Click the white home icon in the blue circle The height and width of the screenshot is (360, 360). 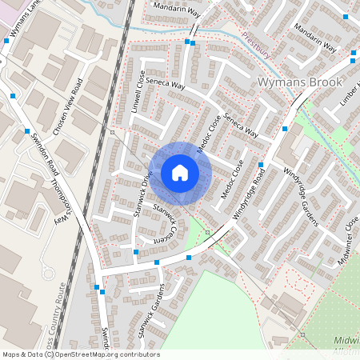(180, 173)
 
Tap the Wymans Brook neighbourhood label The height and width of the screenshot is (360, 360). (300, 82)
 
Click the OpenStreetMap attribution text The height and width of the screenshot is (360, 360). (81, 354)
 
